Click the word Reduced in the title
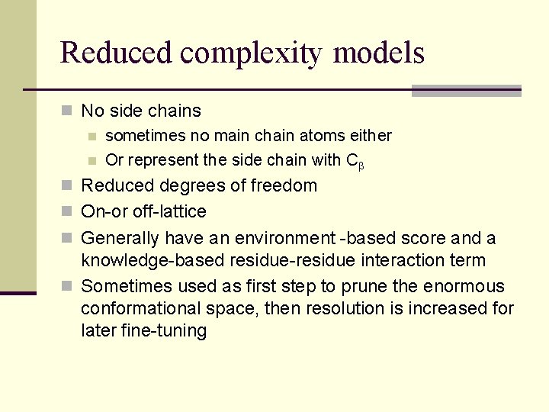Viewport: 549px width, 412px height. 116,53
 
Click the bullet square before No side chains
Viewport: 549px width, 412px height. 68,111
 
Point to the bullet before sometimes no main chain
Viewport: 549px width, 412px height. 92,137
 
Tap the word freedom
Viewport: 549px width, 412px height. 284,185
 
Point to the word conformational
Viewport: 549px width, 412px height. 146,309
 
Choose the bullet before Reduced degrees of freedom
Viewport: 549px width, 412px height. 68,186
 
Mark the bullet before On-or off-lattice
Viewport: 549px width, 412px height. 68,212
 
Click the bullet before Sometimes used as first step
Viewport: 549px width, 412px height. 68,287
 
